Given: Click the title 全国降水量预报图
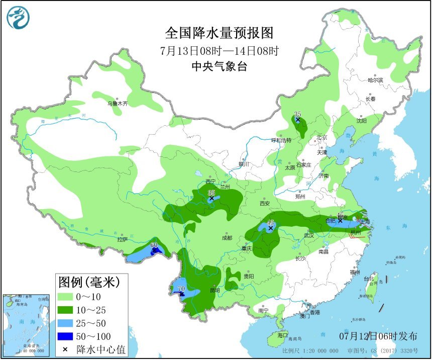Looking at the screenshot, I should click(x=220, y=33).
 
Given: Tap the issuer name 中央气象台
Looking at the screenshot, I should click(x=220, y=66).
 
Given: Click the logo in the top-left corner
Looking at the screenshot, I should click(x=18, y=18).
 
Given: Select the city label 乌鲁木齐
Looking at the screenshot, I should click(x=118, y=104).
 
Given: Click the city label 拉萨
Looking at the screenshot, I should click(x=123, y=239).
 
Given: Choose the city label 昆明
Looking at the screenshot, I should click(x=214, y=290).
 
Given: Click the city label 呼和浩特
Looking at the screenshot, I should click(x=281, y=140).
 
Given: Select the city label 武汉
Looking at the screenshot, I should click(x=308, y=235).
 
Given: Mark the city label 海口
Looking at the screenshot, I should click(x=282, y=335).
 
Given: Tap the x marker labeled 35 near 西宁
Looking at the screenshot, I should click(x=211, y=199).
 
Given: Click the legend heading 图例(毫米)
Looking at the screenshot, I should click(x=88, y=282).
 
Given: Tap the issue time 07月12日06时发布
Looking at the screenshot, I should click(x=385, y=335).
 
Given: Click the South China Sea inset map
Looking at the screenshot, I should click(x=27, y=325).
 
